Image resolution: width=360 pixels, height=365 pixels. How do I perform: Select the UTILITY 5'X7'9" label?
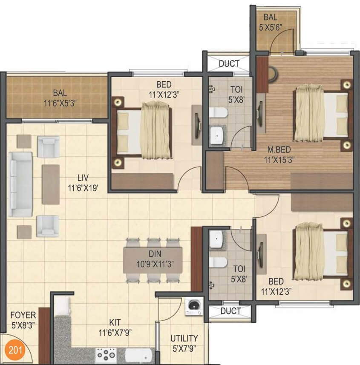[184, 342]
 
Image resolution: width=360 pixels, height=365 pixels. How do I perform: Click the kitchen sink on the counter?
[139, 354]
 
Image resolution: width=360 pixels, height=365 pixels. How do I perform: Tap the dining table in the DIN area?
[153, 260]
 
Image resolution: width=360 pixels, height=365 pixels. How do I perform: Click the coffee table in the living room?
[50, 184]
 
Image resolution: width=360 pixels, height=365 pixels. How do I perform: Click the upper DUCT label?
[229, 64]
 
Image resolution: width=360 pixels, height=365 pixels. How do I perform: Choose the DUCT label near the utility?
[230, 311]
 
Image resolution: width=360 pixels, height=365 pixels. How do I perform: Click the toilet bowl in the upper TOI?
[218, 113]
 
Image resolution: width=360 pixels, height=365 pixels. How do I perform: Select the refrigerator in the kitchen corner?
[62, 305]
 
